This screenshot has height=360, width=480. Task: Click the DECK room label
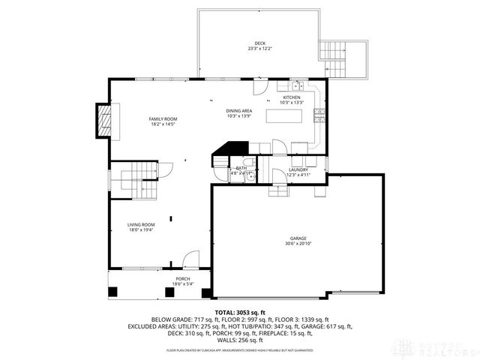point(260,43)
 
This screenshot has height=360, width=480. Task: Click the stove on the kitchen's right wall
point(319,114)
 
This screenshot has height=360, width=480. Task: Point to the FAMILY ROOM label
point(162,118)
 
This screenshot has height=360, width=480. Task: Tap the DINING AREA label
point(238,111)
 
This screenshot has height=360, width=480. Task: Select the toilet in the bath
point(218,172)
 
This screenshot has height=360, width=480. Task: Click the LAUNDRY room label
point(298,169)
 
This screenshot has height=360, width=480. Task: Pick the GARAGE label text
point(298,238)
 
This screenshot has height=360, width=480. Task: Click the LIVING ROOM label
point(140,224)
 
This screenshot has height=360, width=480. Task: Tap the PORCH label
point(183,278)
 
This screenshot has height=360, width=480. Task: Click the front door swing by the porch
point(191,259)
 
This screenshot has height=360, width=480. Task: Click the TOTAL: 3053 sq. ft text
point(240,312)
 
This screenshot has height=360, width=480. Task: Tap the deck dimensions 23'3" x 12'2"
point(260,49)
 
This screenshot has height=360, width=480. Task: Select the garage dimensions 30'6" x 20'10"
point(298,244)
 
